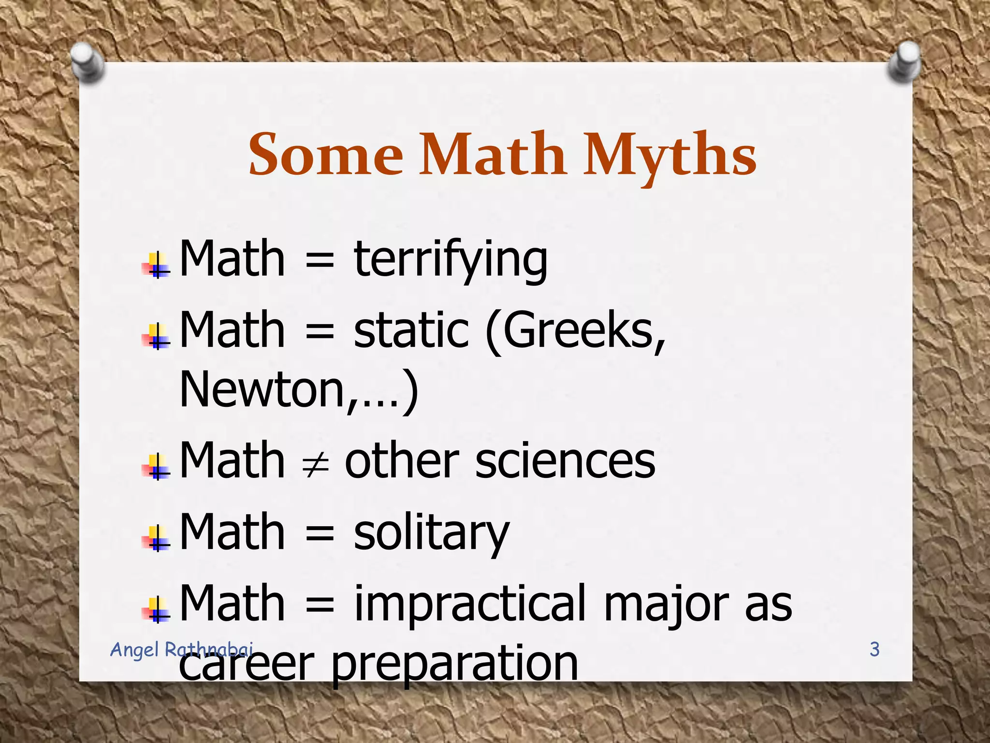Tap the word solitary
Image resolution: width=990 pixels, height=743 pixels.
[431, 533]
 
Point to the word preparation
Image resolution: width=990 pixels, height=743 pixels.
[454, 664]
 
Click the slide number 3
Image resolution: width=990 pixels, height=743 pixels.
[874, 649]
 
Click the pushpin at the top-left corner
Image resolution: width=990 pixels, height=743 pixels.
[87, 61]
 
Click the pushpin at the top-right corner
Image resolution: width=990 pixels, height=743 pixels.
[904, 61]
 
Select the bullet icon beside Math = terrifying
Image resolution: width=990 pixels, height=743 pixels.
[156, 265]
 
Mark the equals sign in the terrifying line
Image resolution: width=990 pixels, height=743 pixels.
[320, 262]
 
